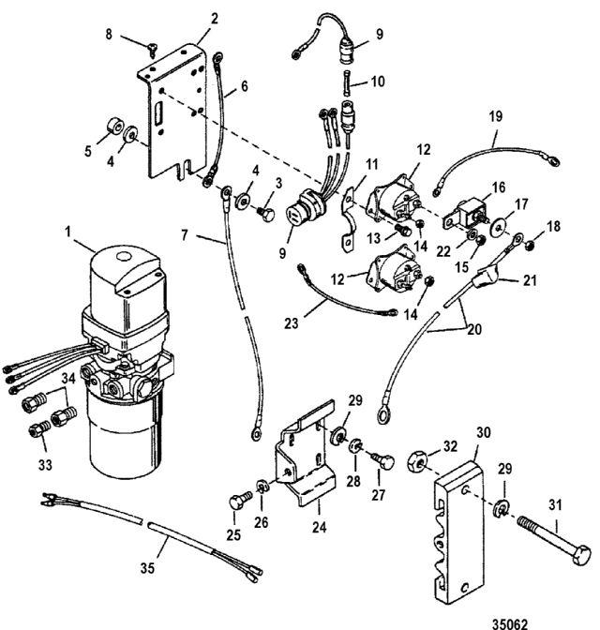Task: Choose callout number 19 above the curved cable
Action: point(494,117)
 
